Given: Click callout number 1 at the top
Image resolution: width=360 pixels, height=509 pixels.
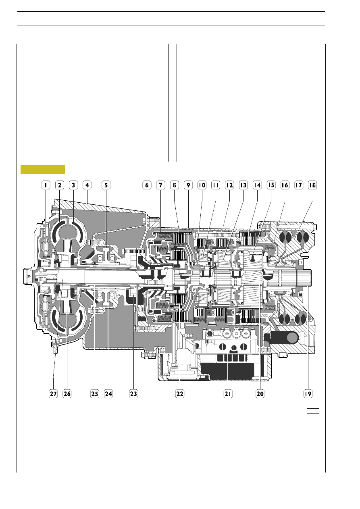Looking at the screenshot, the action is [x=46, y=185].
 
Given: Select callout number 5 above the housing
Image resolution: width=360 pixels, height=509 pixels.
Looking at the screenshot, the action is [x=106, y=185].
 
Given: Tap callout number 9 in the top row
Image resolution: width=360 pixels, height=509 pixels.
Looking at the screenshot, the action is [x=188, y=185].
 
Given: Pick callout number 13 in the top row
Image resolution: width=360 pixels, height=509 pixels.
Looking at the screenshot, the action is [x=243, y=185].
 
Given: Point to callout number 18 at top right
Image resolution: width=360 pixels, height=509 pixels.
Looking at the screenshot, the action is [x=312, y=185].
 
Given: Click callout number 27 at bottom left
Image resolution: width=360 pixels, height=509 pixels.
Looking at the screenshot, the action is [x=53, y=394].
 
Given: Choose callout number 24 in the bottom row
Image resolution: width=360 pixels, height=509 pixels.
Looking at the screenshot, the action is [x=108, y=394].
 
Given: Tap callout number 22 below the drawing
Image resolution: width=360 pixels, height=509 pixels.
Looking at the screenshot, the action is [x=180, y=394].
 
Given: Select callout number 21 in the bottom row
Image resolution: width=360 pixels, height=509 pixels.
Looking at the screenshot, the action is [x=228, y=394].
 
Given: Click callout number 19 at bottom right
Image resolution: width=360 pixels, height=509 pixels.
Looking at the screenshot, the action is [x=308, y=394].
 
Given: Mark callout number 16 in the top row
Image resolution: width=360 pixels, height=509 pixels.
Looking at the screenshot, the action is [x=285, y=185].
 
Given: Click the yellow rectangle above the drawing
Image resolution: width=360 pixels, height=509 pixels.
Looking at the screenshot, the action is [x=43, y=170].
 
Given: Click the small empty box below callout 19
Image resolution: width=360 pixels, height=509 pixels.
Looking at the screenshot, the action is [x=313, y=411].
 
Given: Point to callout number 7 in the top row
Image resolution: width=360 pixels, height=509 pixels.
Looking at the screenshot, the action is [x=161, y=185].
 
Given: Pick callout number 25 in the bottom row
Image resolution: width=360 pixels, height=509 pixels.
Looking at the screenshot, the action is [x=95, y=394].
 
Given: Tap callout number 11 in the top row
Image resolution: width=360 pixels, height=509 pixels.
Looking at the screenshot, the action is [x=216, y=185].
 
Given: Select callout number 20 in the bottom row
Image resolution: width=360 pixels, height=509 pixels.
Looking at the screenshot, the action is [x=260, y=394].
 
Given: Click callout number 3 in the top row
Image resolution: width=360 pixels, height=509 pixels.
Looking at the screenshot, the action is [x=73, y=185].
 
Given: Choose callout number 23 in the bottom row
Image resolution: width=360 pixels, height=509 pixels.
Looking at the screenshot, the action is [x=133, y=394].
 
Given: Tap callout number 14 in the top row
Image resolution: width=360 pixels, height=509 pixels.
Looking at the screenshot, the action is [x=257, y=185].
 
